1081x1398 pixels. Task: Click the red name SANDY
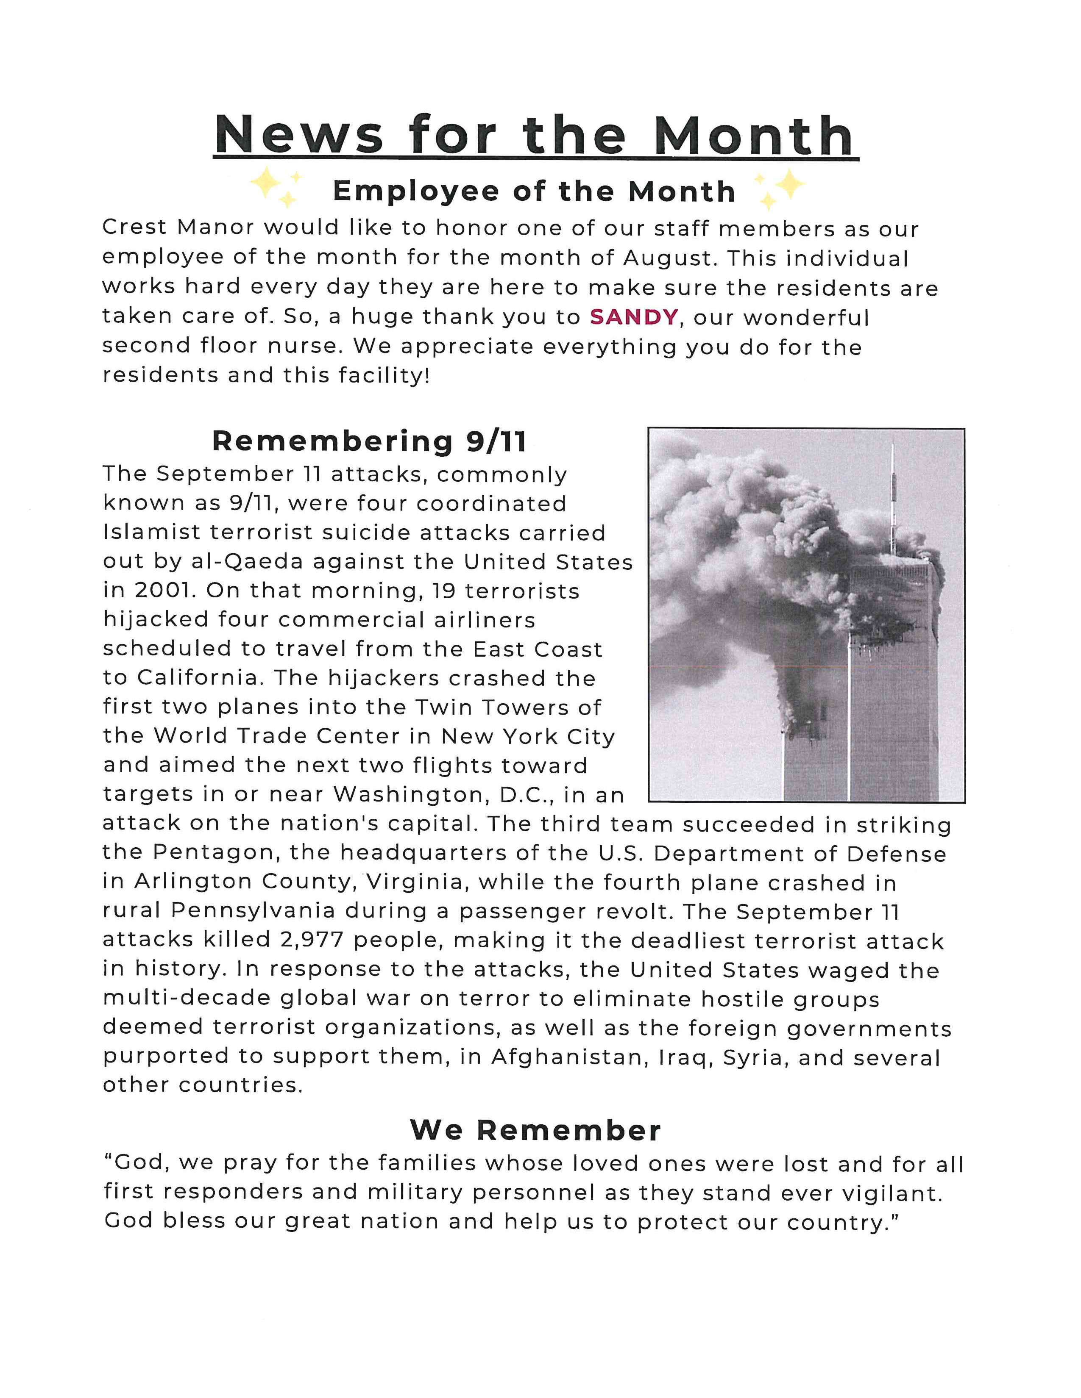pyautogui.click(x=633, y=317)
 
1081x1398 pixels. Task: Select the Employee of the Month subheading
pyautogui.click(x=534, y=191)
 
